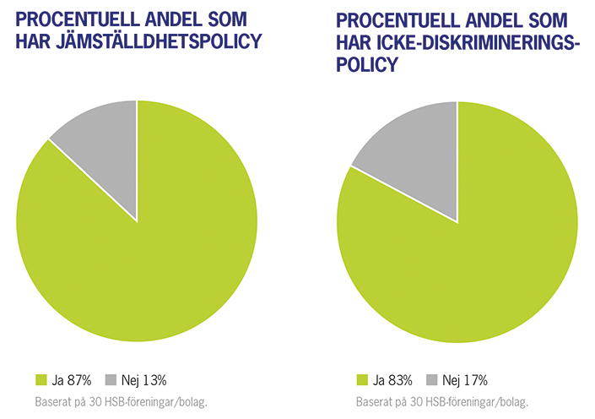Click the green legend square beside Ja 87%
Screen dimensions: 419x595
coord(41,379)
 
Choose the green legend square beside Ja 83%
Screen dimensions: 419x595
coord(363,379)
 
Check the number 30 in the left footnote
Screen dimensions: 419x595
coord(95,401)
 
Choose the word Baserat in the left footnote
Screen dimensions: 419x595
coord(54,401)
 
